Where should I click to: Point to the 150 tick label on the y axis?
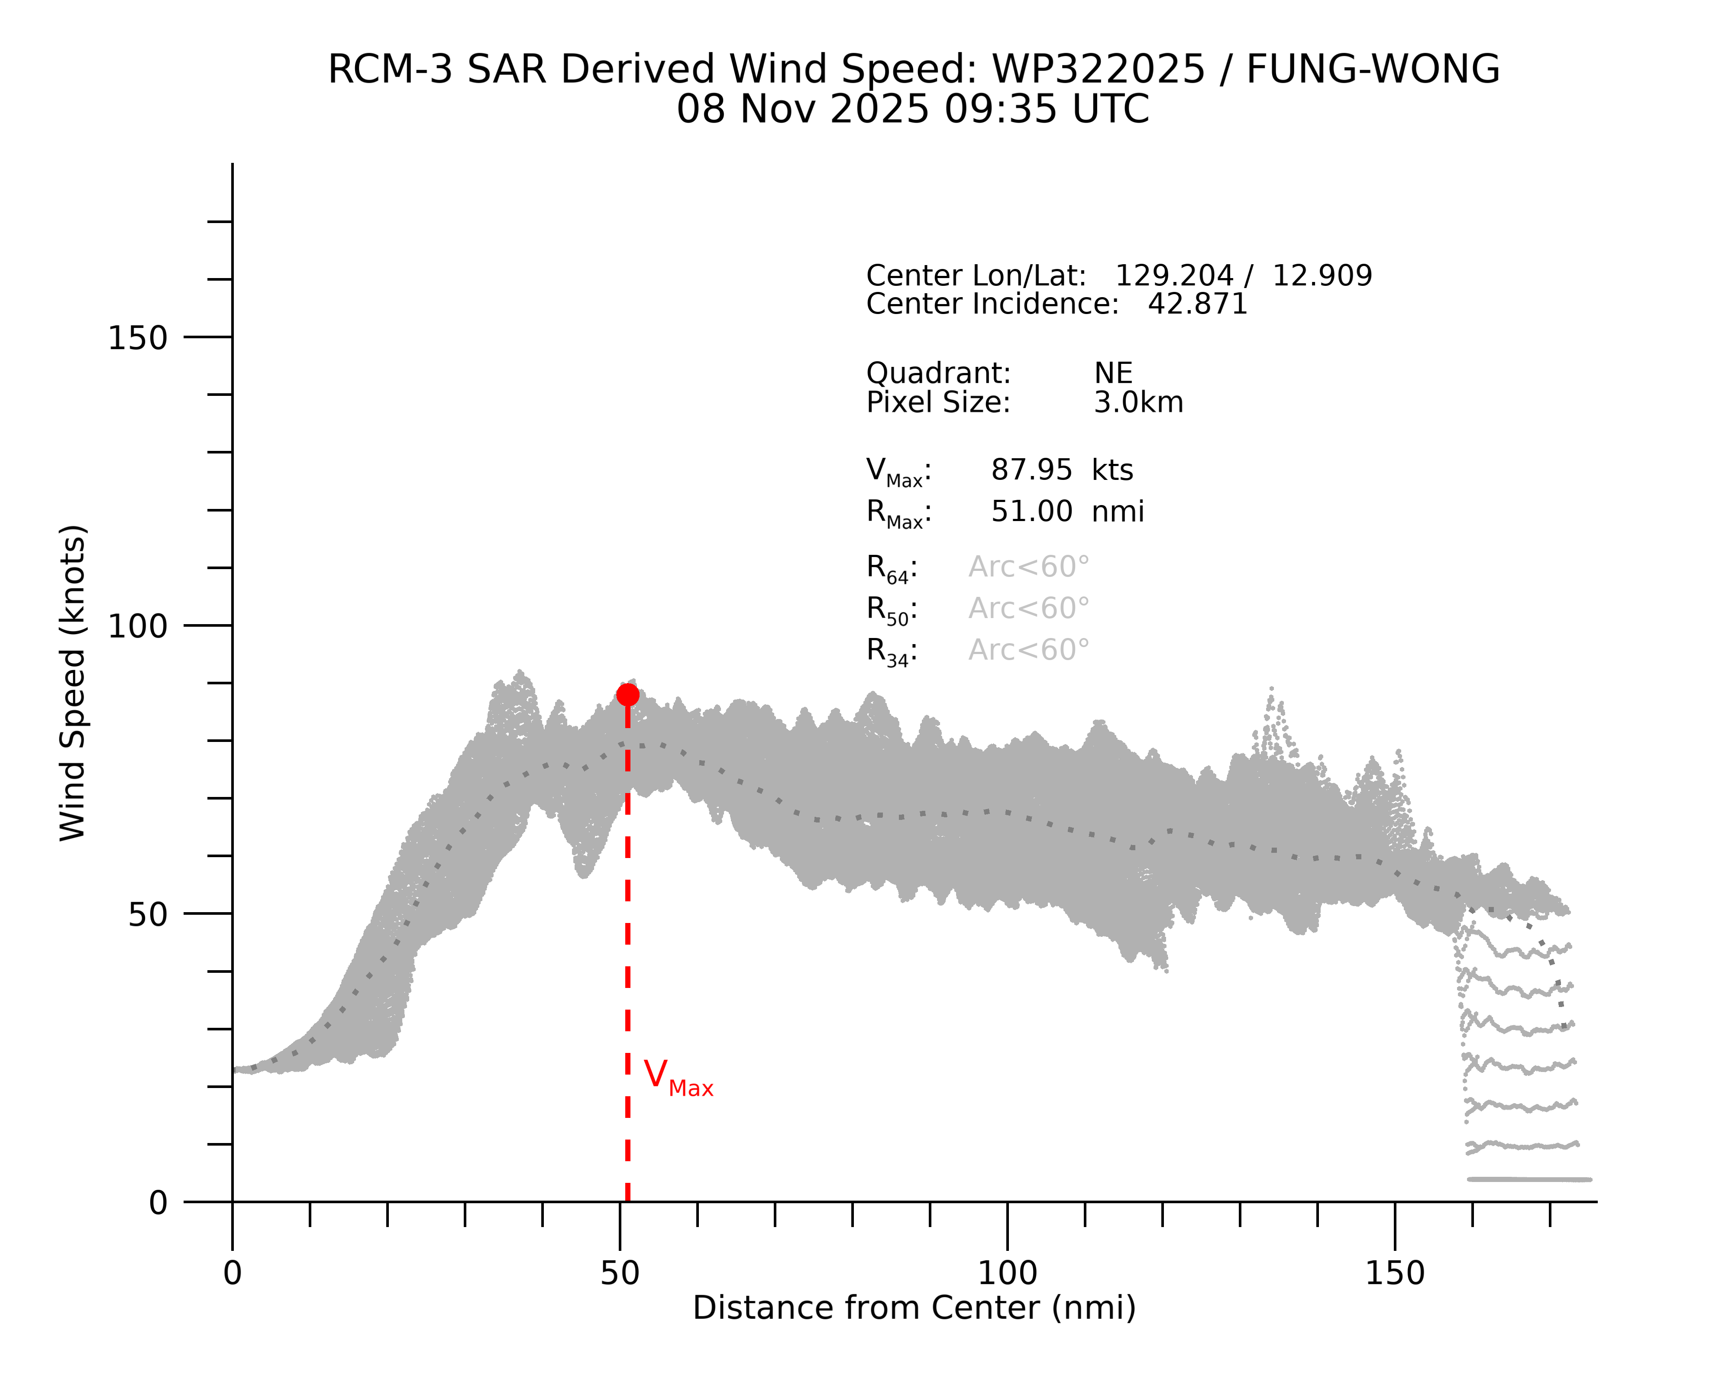click(x=137, y=338)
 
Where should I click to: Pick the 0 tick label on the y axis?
click(x=158, y=1203)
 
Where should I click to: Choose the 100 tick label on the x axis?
click(x=1008, y=1273)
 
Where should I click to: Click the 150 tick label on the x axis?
click(x=1395, y=1273)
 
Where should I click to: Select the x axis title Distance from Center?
click(x=914, y=1308)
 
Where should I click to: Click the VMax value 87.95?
click(x=1031, y=470)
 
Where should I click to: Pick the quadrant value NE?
click(x=1113, y=374)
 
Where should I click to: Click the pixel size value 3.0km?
click(x=1138, y=402)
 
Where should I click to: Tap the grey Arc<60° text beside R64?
click(x=1028, y=567)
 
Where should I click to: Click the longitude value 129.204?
click(x=1174, y=275)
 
